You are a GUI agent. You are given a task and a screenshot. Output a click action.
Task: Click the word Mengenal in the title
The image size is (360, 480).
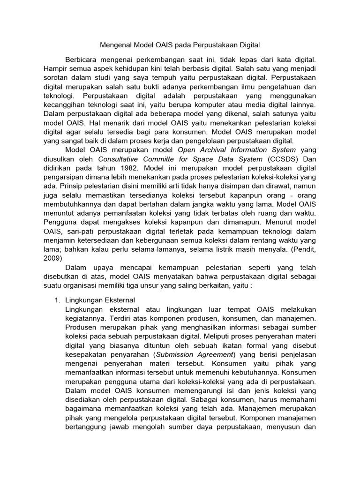115,45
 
